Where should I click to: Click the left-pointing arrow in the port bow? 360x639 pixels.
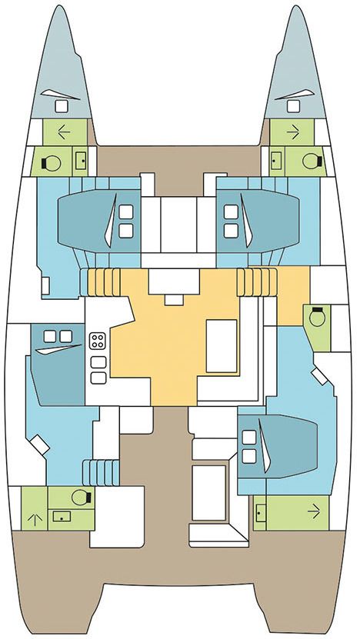pos(64,131)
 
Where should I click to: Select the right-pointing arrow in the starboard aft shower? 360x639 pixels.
pos(312,510)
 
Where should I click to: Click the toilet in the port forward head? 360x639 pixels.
pos(53,161)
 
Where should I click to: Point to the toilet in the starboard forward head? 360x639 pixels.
pos(309,161)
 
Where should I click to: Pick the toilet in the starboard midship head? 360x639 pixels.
pos(315,317)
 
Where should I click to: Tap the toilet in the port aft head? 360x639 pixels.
pos(78,497)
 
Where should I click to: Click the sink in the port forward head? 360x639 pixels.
pos(81,161)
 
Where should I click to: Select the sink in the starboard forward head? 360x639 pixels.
pos(275,161)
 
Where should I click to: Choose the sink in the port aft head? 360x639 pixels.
pos(57,517)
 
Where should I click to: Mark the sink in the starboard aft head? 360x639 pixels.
pos(262,510)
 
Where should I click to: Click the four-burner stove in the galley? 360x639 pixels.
pos(98,340)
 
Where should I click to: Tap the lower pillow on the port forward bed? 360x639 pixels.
pos(125,230)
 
